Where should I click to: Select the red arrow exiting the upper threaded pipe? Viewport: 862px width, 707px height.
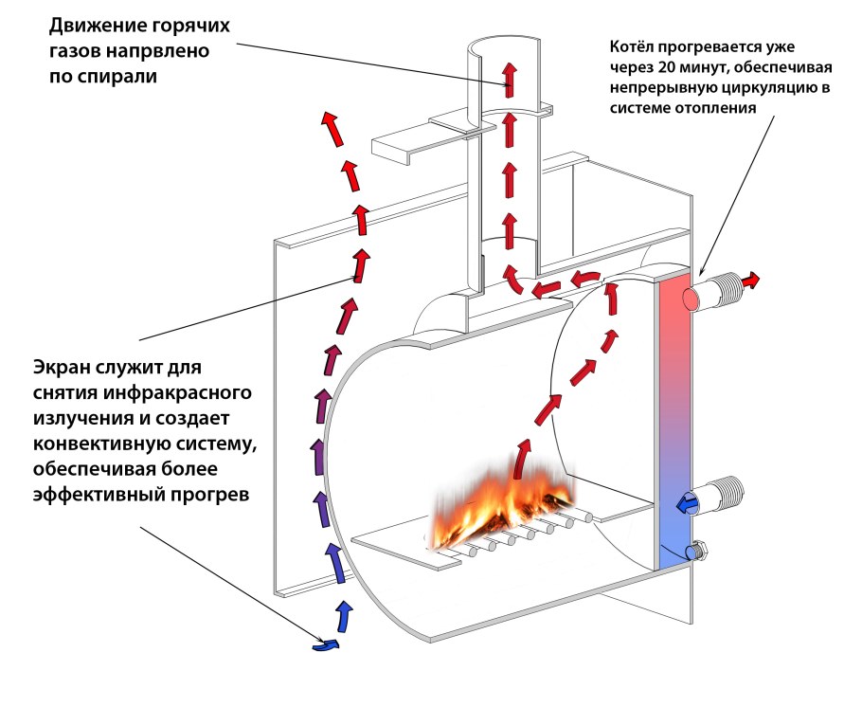tap(751, 281)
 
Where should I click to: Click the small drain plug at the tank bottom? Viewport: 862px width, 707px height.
tap(701, 549)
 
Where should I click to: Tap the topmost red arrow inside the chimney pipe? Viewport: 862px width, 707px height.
tap(511, 75)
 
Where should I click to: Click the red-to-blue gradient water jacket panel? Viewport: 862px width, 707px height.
tap(674, 417)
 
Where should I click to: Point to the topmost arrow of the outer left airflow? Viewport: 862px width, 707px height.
tap(332, 126)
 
